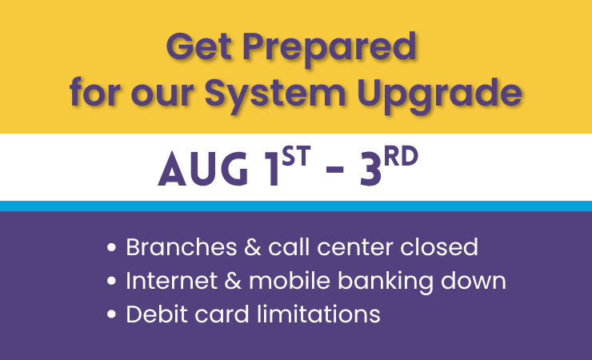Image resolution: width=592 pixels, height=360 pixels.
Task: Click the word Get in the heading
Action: pos(198,46)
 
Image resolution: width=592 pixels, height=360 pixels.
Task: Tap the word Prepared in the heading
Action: pos(330,50)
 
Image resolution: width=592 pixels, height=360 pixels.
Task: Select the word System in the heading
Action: pos(275,95)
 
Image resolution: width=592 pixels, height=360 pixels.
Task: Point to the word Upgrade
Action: pos(439,95)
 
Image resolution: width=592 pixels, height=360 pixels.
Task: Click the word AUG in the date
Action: pos(203,169)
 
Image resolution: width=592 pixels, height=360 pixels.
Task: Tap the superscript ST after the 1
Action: pos(296,156)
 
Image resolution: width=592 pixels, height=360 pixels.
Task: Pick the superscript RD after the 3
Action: pos(401,156)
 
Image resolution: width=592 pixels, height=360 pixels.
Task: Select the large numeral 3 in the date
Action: pos(370,169)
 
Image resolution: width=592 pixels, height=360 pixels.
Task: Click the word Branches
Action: pos(182,247)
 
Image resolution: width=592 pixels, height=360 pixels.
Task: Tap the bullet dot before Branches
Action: pos(111,247)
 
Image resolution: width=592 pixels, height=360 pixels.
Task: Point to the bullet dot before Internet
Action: pos(111,281)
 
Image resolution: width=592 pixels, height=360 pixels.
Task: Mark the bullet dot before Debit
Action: pos(111,314)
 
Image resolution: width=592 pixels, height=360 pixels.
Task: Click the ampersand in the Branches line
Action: pos(253,247)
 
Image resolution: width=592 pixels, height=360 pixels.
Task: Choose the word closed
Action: pos(439,247)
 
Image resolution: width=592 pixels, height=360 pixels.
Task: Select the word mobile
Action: pos(290,280)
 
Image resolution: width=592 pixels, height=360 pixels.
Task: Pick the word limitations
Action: pos(318,314)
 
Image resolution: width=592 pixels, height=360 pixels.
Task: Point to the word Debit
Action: pos(157,314)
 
